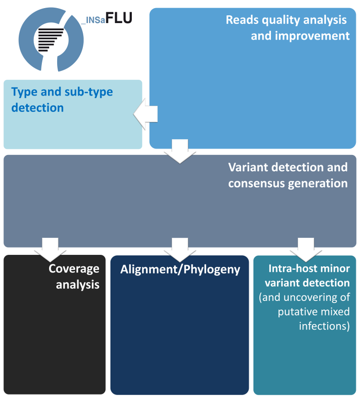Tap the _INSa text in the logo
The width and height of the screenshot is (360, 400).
tap(93, 20)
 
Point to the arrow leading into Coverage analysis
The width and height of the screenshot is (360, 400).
tap(48, 248)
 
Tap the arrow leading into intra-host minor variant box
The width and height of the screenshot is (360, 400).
tap(306, 248)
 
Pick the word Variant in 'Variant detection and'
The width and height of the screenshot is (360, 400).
tap(245, 167)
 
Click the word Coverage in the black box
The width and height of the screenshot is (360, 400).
tap(74, 269)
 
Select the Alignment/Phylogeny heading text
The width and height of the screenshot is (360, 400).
tap(180, 270)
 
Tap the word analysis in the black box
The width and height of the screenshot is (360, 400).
tap(77, 285)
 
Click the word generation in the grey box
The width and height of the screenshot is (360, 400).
tap(323, 184)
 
